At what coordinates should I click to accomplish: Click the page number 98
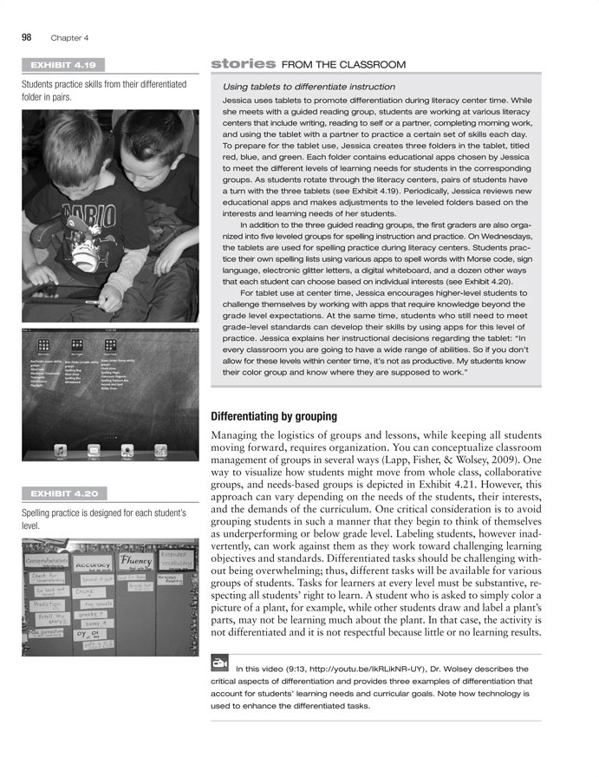pos(27,36)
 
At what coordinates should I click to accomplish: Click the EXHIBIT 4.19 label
pos(62,64)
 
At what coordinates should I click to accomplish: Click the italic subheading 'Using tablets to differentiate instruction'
pos(309,87)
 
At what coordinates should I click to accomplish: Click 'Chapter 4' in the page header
pos(69,37)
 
